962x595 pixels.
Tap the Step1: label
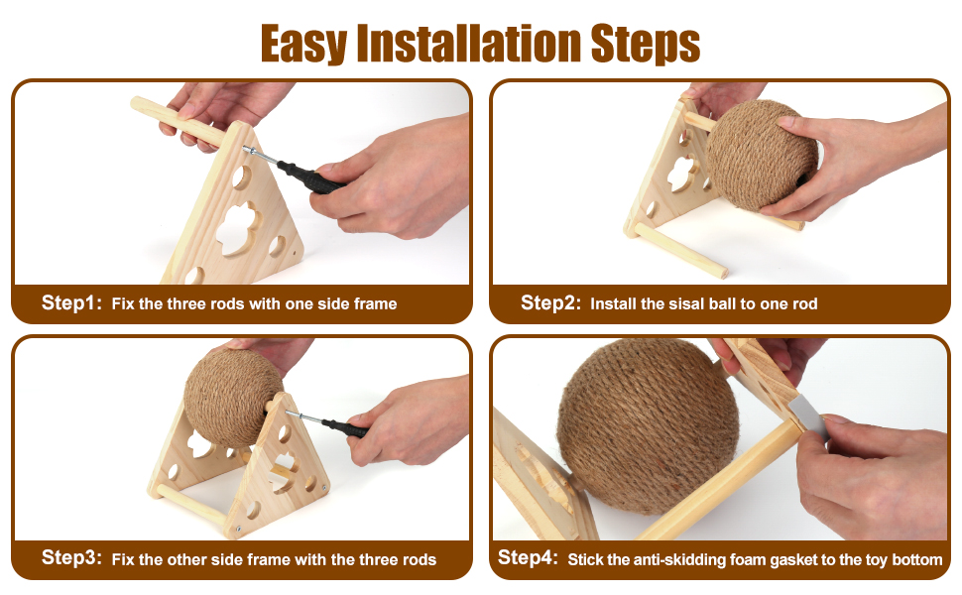coord(71,303)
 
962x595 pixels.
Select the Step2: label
coord(550,303)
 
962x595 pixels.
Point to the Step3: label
coord(71,557)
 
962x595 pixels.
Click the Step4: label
coord(528,557)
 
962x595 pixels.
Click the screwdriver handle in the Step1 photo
coord(310,178)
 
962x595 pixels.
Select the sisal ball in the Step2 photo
coord(762,155)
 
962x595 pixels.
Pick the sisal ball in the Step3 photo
coord(228,398)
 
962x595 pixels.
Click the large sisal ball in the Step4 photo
coord(648,427)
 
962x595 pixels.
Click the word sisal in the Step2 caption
coord(688,303)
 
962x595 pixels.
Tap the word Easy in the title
coord(303,45)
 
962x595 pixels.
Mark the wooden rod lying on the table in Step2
coord(681,250)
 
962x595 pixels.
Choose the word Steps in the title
coord(646,45)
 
